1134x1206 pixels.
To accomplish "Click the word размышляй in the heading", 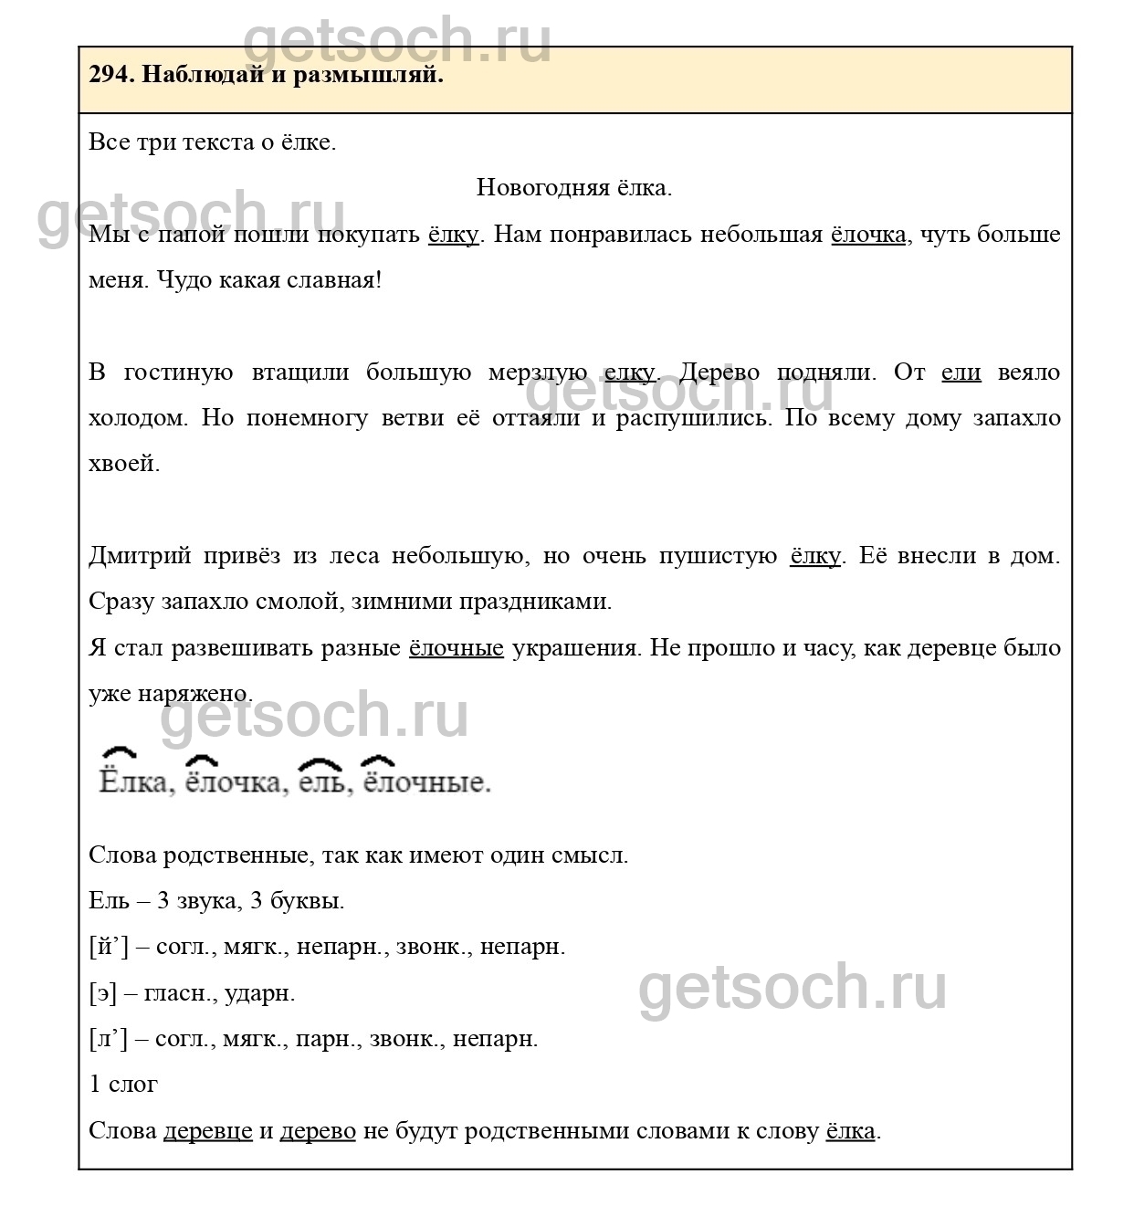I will [367, 76].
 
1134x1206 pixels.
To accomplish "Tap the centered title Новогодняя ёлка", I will [573, 188].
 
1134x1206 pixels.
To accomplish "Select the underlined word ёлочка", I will [867, 235].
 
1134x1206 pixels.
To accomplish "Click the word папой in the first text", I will [192, 235].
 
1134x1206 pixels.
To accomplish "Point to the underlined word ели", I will [961, 372].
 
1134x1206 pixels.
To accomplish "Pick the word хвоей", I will [123, 464].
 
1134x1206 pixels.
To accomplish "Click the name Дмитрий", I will [140, 556].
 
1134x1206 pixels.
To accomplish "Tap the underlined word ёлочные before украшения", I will [456, 648].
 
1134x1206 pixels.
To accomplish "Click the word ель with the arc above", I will [321, 782].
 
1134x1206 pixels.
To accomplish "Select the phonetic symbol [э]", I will [102, 993].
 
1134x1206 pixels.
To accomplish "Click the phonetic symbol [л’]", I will [108, 1039].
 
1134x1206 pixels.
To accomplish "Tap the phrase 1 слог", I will [123, 1085].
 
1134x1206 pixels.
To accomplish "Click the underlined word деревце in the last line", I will [207, 1131].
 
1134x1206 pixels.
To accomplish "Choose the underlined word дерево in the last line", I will [317, 1131].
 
